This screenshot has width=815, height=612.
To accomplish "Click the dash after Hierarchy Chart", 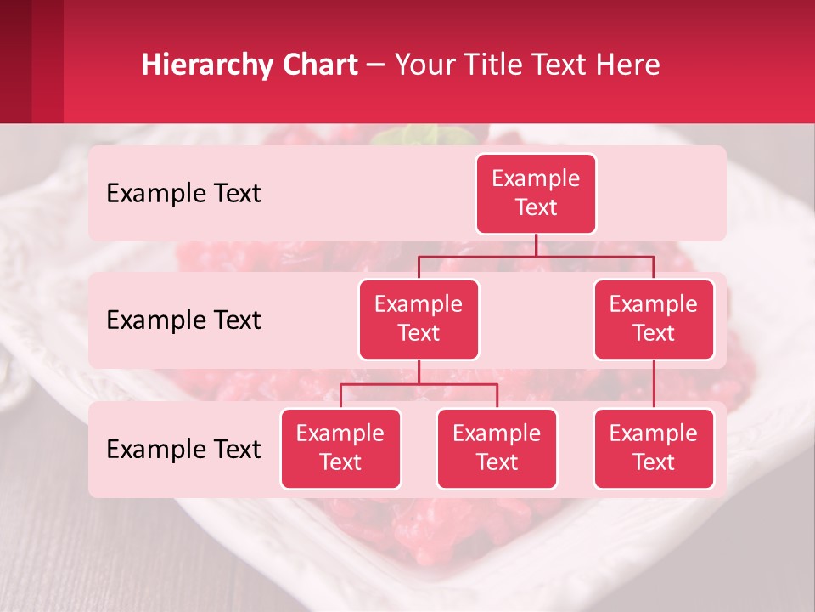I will [x=375, y=66].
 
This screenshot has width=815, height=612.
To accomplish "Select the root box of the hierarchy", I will [x=536, y=193].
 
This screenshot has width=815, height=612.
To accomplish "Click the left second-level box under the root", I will [x=419, y=319].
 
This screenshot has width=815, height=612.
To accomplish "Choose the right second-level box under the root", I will [x=654, y=319].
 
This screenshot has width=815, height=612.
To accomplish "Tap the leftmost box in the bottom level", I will [x=340, y=448].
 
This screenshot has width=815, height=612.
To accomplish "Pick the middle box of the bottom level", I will [x=497, y=448].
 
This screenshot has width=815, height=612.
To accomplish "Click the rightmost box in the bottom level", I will [x=654, y=448].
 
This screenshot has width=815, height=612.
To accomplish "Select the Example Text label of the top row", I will [x=183, y=193].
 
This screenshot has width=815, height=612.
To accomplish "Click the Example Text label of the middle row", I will [x=183, y=320].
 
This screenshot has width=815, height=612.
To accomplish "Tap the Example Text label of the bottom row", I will [x=183, y=449].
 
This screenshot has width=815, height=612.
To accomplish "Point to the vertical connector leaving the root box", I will [x=536, y=245].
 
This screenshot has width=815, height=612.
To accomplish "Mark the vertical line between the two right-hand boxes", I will [x=654, y=383].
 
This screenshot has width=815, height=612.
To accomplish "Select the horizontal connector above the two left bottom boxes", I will [x=419, y=384].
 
